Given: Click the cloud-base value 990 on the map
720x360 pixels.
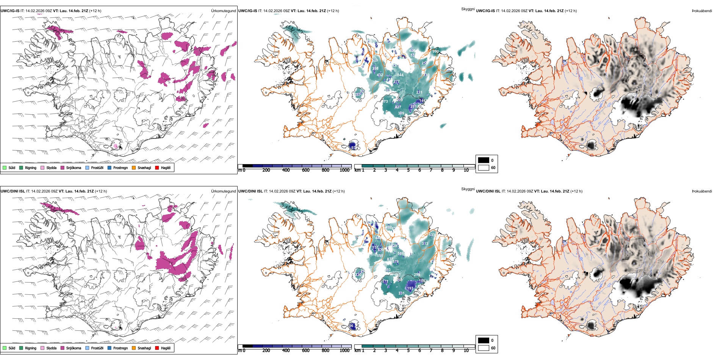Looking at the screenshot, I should click(x=435, y=52).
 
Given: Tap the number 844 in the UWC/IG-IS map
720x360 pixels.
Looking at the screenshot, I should click(x=400, y=75).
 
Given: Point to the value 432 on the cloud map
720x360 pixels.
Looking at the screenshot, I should click(x=380, y=75).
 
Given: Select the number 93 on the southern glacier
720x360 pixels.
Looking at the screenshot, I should click(x=353, y=147).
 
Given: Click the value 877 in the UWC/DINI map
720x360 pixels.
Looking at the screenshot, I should click(x=390, y=259).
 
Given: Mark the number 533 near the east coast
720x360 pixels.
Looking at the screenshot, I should click(x=432, y=235).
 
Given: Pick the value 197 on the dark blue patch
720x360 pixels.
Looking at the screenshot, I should click(x=410, y=288).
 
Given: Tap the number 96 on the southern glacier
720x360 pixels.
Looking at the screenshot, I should click(x=351, y=326).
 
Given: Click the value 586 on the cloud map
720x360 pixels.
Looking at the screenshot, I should click(x=401, y=254).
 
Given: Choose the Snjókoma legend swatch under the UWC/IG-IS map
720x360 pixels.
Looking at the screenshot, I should click(x=62, y=167).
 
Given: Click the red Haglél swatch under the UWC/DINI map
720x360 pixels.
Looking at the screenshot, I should click(x=157, y=348).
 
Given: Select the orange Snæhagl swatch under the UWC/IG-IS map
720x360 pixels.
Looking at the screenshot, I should click(x=134, y=167).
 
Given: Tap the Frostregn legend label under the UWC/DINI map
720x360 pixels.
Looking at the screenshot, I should click(x=121, y=348).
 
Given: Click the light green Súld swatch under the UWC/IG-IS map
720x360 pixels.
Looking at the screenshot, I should click(x=5, y=167).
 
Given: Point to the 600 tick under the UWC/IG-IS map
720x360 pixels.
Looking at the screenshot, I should click(x=306, y=170).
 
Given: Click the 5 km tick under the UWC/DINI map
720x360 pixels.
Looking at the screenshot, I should click(x=408, y=351).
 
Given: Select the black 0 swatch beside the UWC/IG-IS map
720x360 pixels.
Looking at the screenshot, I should click(x=484, y=160).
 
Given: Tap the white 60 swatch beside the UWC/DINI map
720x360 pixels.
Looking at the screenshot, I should click(x=484, y=348).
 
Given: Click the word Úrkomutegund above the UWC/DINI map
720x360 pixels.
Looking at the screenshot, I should click(x=223, y=191).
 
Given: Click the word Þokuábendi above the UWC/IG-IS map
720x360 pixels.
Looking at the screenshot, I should click(x=702, y=11).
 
